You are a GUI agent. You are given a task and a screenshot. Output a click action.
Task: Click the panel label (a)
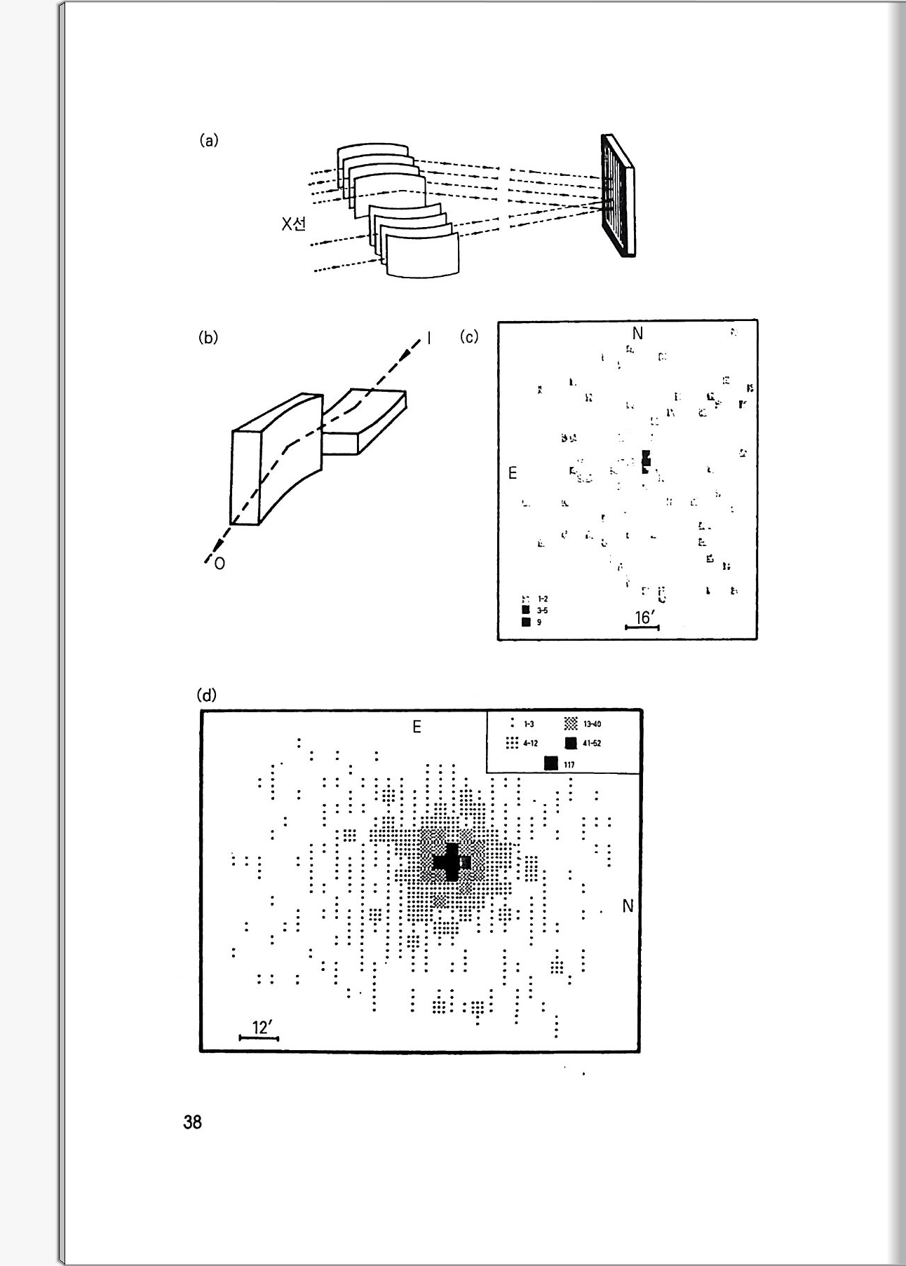209,140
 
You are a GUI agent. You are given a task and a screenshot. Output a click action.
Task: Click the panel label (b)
209,337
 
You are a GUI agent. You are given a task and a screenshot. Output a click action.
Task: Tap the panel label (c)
469,336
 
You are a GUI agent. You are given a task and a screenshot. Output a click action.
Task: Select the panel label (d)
208,695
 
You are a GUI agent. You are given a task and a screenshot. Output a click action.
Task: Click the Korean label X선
294,224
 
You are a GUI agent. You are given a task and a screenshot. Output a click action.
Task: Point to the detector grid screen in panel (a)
616,196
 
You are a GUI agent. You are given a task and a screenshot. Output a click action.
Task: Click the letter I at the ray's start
429,339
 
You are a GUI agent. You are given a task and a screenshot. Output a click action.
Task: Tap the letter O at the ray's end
219,564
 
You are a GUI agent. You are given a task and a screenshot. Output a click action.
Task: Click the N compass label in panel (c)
637,334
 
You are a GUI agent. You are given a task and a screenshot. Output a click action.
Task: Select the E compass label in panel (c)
513,474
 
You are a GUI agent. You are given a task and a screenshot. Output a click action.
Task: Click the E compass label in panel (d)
417,727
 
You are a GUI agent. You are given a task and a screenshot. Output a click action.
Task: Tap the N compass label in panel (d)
628,906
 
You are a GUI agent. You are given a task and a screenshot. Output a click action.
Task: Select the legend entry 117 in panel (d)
560,764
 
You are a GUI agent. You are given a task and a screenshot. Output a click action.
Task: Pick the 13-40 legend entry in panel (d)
583,724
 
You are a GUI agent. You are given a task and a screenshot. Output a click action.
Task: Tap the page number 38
192,1122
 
